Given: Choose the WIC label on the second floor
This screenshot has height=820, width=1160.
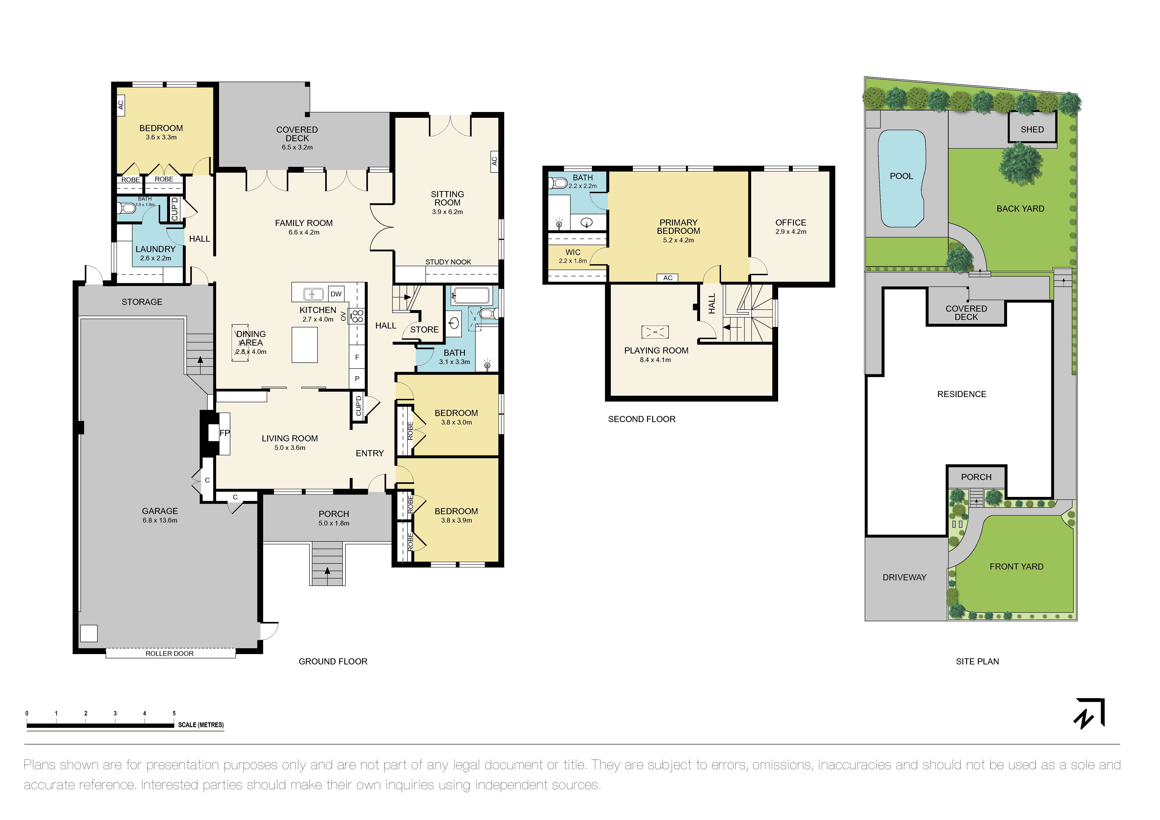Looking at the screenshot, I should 573,252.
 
